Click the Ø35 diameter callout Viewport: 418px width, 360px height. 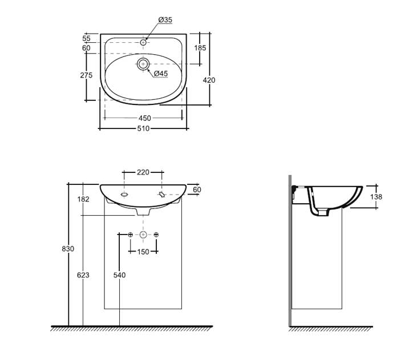(165, 20)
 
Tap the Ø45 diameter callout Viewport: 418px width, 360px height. (161, 74)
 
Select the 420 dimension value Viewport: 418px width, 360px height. (209, 80)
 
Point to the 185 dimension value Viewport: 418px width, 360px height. (200, 48)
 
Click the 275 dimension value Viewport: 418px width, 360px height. (86, 75)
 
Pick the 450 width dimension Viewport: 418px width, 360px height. (145, 118)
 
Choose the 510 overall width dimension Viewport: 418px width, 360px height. (144, 128)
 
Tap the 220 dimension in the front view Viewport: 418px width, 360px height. (143, 172)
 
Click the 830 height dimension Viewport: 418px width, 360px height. (68, 249)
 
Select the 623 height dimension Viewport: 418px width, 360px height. (83, 275)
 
